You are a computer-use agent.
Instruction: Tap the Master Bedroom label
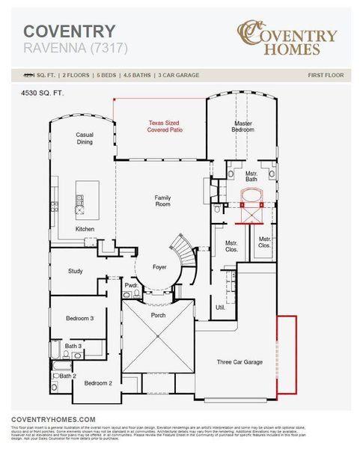[x=242, y=126]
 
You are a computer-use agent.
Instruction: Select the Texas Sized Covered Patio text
[x=165, y=126]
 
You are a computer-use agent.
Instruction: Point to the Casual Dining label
[x=84, y=138]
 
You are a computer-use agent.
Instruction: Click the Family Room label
[x=162, y=201]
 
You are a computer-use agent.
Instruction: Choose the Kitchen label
[x=85, y=229]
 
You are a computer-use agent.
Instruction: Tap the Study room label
[x=76, y=271]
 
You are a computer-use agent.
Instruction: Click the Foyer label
[x=160, y=266]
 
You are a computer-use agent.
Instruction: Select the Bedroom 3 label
[x=79, y=319]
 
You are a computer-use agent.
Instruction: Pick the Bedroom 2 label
[x=97, y=383]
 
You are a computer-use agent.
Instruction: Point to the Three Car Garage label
[x=240, y=361]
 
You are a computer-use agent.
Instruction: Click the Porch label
[x=158, y=315]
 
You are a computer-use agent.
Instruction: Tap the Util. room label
[x=221, y=307]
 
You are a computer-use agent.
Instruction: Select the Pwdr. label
[x=131, y=285]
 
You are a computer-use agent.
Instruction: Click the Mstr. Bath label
[x=251, y=177]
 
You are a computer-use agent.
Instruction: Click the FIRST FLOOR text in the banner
[x=326, y=75]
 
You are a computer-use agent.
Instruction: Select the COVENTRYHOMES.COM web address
[x=53, y=419]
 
